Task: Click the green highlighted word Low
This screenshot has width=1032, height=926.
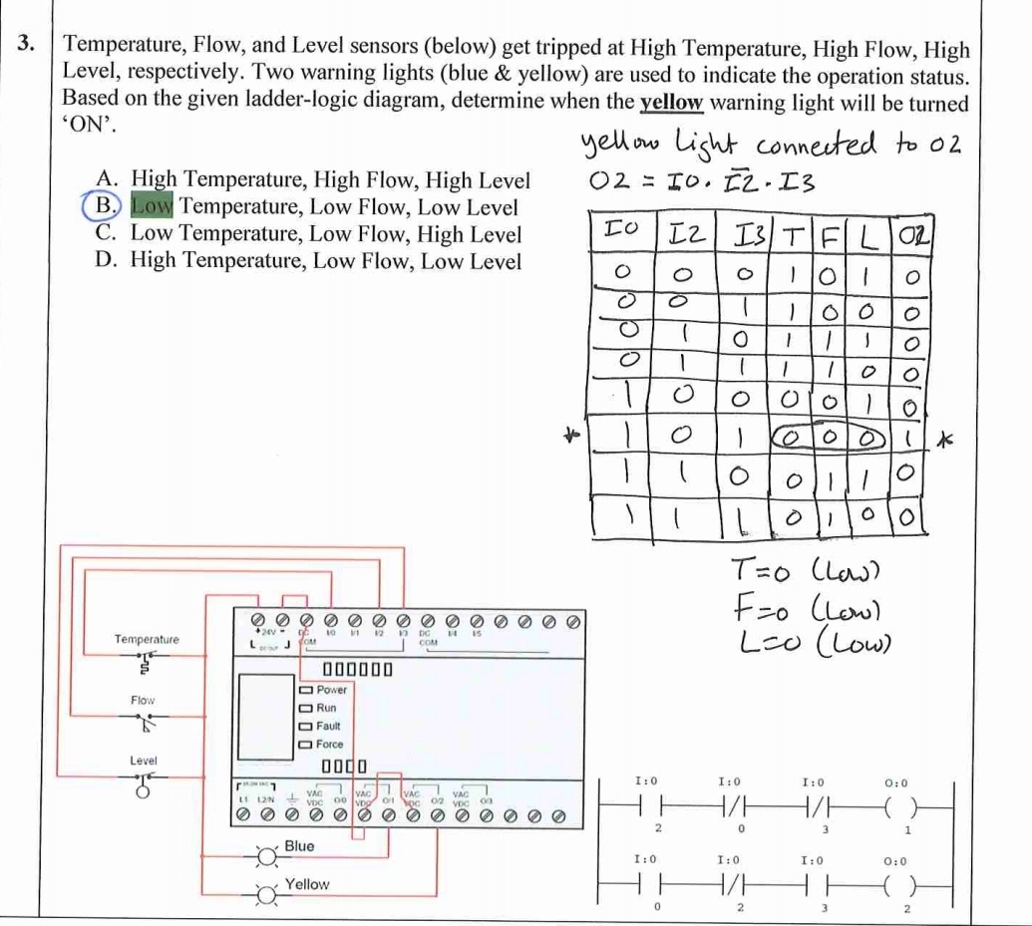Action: coord(152,207)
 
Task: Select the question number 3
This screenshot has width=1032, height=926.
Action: coord(29,45)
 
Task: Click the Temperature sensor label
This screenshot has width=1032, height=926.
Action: coord(147,639)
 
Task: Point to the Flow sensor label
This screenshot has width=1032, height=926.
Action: coord(144,700)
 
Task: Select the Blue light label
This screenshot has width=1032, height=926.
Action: coord(299,846)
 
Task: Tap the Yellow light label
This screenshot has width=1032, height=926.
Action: coord(306,884)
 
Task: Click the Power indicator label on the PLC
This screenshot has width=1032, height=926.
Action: coord(331,690)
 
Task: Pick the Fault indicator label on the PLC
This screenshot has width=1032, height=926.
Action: coord(328,726)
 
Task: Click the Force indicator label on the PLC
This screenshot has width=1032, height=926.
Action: coord(329,744)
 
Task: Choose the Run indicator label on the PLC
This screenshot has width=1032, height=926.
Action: coord(326,708)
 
